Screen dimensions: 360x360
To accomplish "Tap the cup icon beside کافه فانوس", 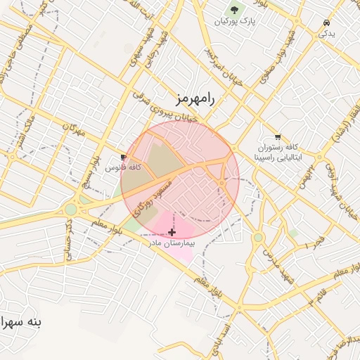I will point(124,157).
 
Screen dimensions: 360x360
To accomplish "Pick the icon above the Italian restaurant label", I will point(278,137).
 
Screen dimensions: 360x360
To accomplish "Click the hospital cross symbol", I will point(172,231).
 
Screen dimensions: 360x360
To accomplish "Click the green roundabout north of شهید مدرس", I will point(259,237).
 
